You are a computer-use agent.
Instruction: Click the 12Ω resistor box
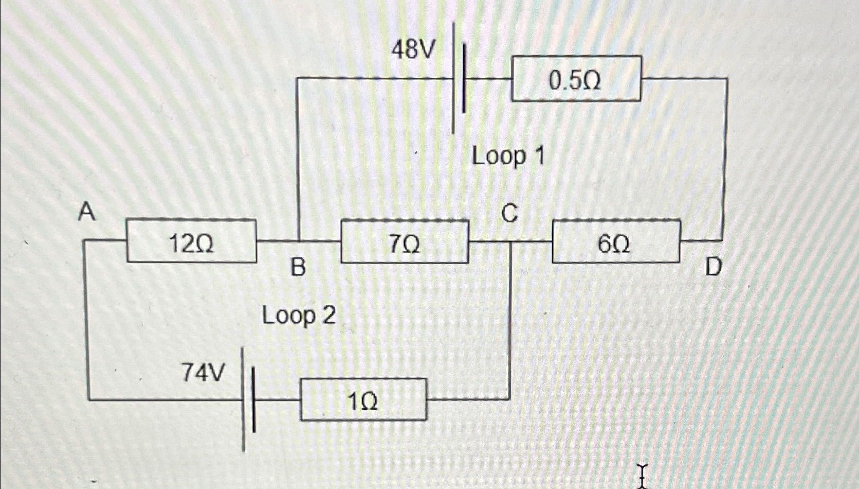pos(191,241)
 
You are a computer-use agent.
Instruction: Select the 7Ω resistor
pos(405,241)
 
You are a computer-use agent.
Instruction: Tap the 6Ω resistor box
pos(616,241)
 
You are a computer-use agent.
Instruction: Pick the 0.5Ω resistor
pos(576,78)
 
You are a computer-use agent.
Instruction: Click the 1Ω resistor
pos(363,399)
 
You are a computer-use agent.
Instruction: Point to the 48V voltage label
pos(413,49)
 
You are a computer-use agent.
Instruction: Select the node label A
pos(87,212)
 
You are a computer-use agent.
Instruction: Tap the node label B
pos(298,267)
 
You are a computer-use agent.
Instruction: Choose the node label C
pos(509,213)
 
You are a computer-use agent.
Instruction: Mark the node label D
pos(713,267)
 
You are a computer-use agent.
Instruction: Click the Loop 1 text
pos(507,155)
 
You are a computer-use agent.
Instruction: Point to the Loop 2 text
pos(299,315)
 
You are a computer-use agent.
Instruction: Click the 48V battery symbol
pos(459,78)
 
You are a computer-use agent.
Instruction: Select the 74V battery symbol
pos(248,399)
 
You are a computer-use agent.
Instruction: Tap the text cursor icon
pos(642,475)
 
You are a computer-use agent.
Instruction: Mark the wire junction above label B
pos(298,241)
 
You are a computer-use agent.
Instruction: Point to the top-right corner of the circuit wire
pos(727,79)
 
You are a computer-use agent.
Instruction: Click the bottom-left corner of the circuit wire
pos(88,399)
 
